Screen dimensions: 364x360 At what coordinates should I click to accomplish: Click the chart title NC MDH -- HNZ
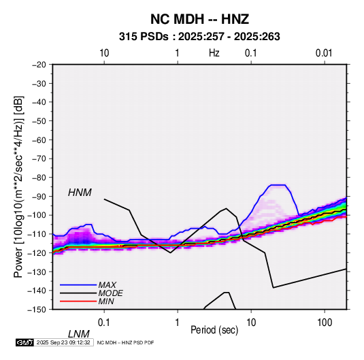coord(199,19)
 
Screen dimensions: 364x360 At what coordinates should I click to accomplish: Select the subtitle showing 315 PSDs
coord(199,37)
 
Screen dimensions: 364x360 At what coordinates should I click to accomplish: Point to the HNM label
coord(80,193)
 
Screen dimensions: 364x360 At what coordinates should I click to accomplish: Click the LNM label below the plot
coord(79,334)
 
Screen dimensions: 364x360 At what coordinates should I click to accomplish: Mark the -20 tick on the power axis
coord(39,65)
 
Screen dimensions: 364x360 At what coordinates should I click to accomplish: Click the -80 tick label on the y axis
coord(39,178)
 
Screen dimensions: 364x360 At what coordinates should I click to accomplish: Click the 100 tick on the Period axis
coord(325,323)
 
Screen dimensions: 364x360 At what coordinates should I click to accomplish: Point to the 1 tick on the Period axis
coord(178,323)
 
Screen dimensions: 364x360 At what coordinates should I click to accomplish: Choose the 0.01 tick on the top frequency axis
coord(324,53)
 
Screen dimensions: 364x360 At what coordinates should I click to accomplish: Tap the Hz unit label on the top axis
coord(214,53)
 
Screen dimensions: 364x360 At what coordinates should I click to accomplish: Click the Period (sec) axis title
coord(214,330)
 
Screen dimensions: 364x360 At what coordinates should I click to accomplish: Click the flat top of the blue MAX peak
coord(278,185)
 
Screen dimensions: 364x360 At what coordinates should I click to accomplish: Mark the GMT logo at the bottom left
coord(24,342)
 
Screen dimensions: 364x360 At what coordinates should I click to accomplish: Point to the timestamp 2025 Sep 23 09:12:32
coord(63,342)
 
